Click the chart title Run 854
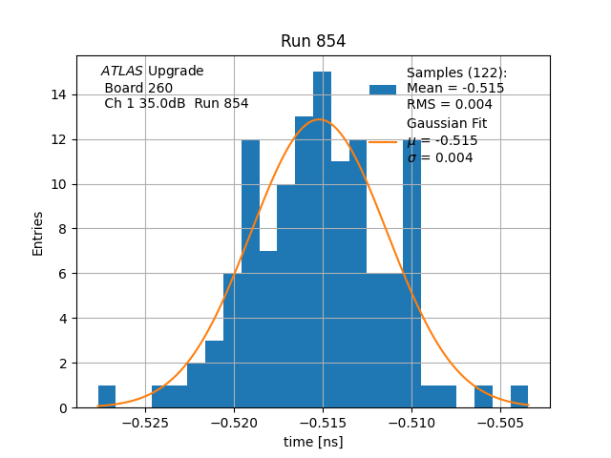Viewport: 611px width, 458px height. point(313,41)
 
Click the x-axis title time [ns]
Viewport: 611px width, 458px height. point(313,442)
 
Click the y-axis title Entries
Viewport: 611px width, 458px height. point(38,232)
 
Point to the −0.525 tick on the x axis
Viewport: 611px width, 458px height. point(146,421)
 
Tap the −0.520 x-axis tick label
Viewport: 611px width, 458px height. point(234,421)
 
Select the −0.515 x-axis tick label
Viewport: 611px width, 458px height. point(323,421)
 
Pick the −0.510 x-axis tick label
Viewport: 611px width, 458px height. point(411,421)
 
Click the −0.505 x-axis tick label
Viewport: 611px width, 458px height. point(500,421)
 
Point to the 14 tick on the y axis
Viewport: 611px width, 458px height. point(59,94)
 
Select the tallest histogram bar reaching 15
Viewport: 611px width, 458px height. point(323,239)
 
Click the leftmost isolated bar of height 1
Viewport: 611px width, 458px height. point(107,397)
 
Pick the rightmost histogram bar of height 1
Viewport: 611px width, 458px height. point(519,397)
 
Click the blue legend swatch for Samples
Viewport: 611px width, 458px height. point(383,89)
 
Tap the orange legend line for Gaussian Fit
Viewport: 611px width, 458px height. point(383,141)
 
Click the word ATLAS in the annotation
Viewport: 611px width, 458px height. point(121,72)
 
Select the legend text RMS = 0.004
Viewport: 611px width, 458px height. point(450,104)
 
